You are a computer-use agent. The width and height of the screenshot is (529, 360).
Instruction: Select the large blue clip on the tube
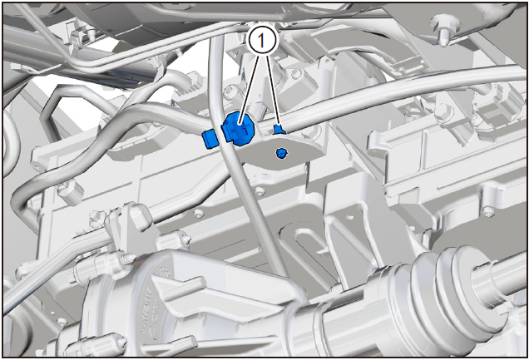239,130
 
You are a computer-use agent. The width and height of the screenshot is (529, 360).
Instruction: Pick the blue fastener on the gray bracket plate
281,153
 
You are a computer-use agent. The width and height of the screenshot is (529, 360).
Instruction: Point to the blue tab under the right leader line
279,130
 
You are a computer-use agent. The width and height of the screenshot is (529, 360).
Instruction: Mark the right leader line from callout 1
273,91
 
